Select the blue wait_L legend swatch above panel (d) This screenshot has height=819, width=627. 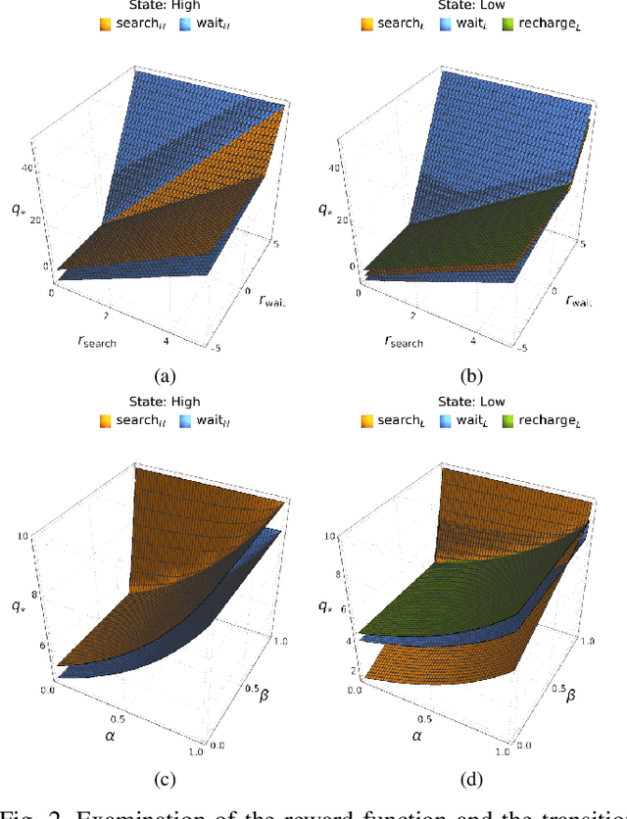[x=444, y=420]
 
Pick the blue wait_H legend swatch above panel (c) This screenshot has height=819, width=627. [x=184, y=420]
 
